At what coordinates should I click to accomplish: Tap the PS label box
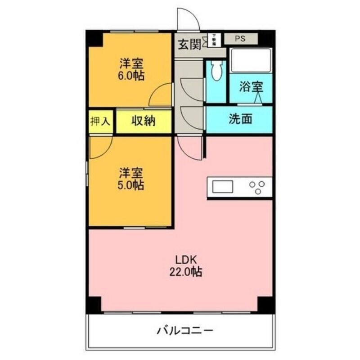click(x=240, y=39)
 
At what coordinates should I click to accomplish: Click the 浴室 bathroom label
click(x=250, y=87)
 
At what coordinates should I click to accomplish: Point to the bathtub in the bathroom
click(x=250, y=60)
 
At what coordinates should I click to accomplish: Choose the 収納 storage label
click(x=144, y=121)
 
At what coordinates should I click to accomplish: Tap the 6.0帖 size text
click(x=131, y=75)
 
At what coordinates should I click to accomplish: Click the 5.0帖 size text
click(x=131, y=185)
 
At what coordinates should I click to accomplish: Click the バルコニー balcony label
click(x=185, y=332)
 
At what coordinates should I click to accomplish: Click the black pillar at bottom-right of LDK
click(x=265, y=304)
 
